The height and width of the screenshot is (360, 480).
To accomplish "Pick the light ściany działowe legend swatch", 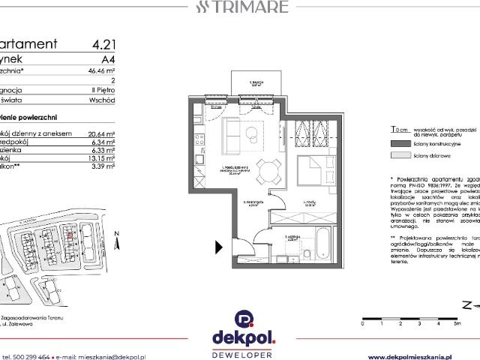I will tap(400, 155).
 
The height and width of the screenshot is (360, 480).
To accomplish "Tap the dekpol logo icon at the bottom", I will tap(240, 318).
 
